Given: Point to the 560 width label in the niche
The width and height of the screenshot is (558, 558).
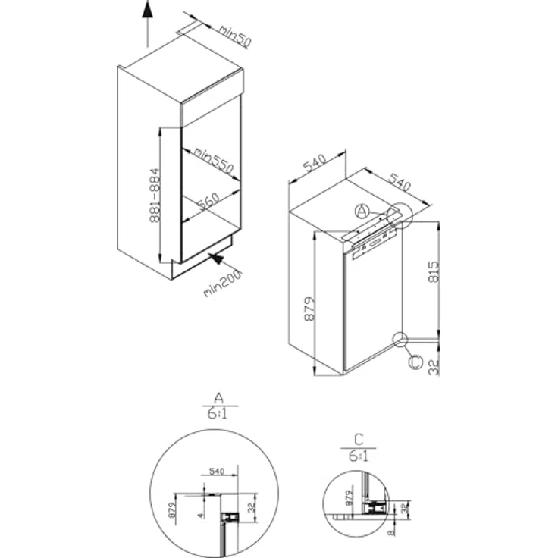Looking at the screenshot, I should [208, 201].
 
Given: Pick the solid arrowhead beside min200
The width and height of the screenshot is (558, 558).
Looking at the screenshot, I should [217, 261].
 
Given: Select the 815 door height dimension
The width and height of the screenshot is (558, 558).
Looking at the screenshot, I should [434, 271].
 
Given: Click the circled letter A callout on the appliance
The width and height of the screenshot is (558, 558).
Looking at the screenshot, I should [362, 210].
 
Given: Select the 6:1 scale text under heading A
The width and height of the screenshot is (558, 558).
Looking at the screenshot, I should [218, 415].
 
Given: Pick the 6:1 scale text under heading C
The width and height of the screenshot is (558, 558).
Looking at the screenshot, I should [359, 456].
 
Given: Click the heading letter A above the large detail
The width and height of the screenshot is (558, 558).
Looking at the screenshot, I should [218, 397].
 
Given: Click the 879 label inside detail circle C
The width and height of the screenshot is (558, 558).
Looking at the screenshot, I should [350, 498].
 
